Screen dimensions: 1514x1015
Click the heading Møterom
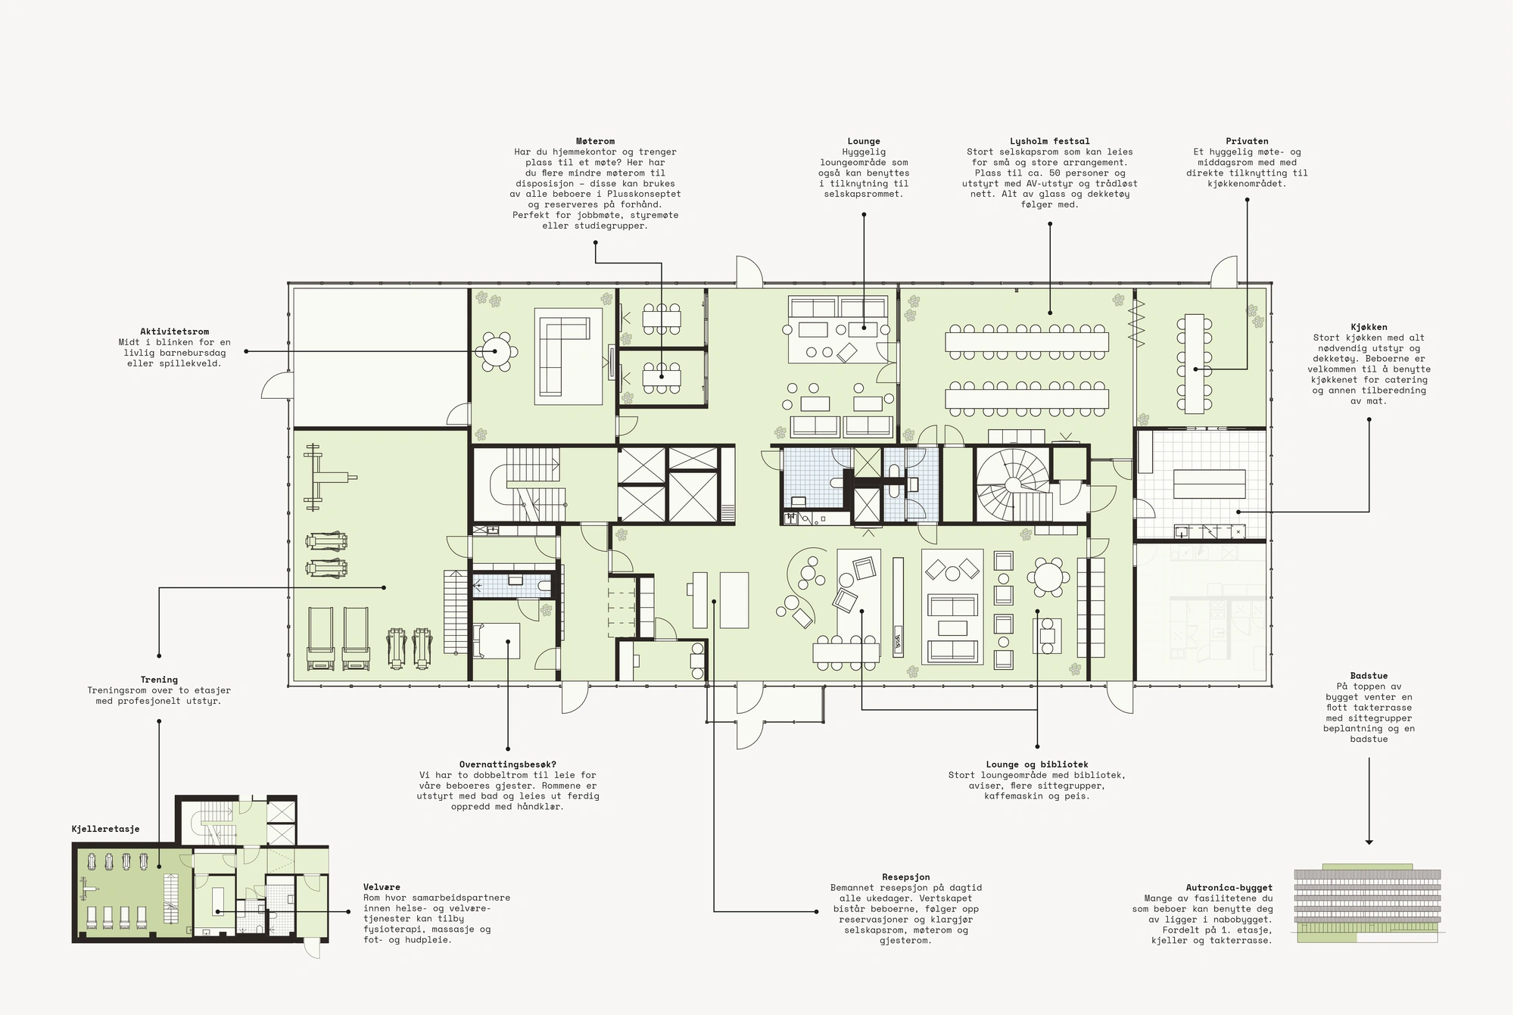[595, 142]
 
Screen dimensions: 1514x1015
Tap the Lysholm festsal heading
[1049, 142]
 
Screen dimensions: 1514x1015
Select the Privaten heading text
[1247, 142]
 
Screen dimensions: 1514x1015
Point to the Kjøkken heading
[1369, 328]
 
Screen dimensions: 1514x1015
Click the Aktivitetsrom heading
[174, 332]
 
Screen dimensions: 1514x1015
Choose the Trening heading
[159, 680]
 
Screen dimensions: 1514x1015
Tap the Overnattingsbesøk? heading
[507, 764]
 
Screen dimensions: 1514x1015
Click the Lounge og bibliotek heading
[1036, 764]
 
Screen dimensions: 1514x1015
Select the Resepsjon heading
[905, 877]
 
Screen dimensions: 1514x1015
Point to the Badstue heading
[1369, 676]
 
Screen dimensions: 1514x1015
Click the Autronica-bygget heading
[1229, 888]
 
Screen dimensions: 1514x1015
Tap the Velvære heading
[382, 887]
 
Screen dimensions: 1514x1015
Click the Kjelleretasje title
[105, 829]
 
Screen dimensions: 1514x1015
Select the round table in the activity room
[496, 351]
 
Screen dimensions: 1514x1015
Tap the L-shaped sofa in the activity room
[563, 356]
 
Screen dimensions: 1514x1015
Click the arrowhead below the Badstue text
[1369, 842]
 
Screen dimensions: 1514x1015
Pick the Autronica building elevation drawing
[1367, 903]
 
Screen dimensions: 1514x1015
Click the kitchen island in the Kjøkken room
[1209, 484]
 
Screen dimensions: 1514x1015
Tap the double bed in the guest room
[497, 640]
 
